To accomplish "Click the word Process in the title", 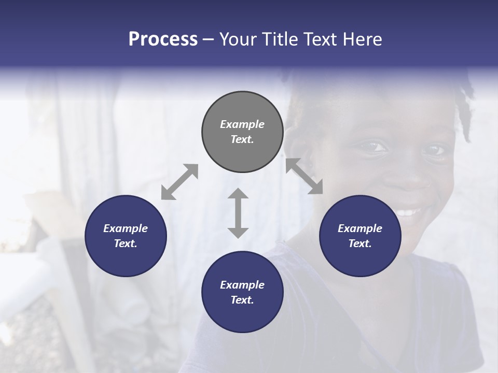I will point(163,39).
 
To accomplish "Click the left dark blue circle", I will point(126,236).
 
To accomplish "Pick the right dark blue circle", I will point(360,236).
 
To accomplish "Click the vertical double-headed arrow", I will point(238,213).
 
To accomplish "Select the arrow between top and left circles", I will point(179,182).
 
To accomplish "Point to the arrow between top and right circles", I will point(305,177).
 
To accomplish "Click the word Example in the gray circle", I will point(242,124).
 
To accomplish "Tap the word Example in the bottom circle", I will point(242,285).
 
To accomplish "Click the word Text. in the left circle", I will point(126,243).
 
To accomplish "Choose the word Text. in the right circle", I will point(360,243).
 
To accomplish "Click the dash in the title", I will point(209,39).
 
